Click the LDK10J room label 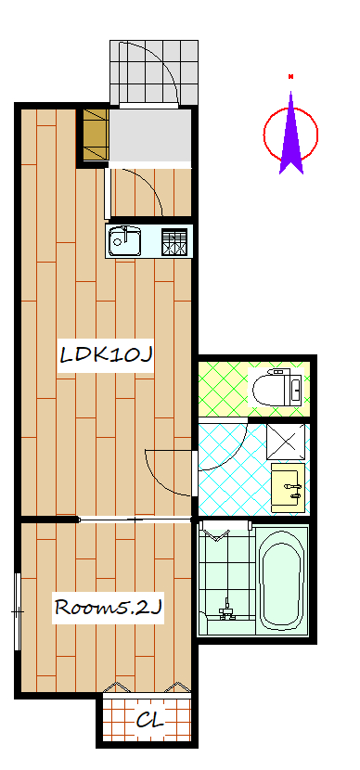pos(105,354)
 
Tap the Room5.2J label pos(108,607)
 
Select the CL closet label pos(149,721)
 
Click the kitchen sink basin pos(125,240)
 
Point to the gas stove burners pos(174,242)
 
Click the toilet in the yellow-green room pos(277,389)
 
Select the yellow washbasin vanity pos(289,487)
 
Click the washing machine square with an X pos(286,442)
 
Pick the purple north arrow pos(291,134)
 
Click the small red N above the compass pos(291,76)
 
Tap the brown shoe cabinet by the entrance pos(96,135)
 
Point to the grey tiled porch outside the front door pos(154,72)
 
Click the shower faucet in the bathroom pos(225,610)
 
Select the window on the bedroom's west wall pos(18,611)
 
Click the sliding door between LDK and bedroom pos(135,520)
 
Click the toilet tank pos(295,389)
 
